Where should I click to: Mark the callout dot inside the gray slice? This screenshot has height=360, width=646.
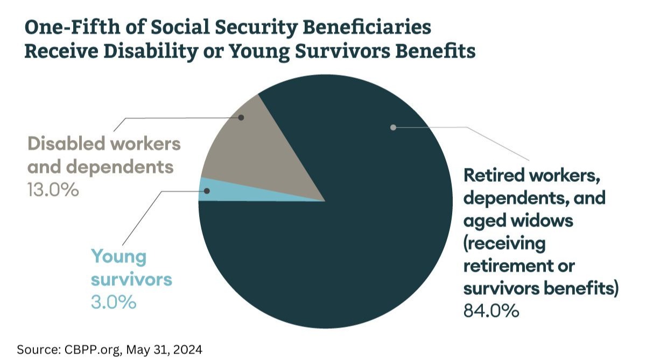pos(241,117)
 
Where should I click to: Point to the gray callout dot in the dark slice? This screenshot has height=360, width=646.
pos(393,128)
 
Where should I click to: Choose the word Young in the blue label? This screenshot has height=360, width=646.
pos(118,256)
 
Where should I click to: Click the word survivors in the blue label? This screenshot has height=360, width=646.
pos(131,279)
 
